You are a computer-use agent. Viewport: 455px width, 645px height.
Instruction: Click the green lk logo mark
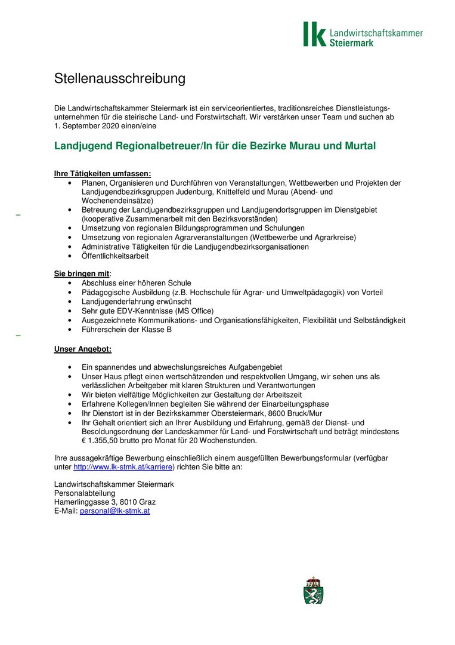(x=314, y=34)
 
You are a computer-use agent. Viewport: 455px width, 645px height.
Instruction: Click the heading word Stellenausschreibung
(x=120, y=79)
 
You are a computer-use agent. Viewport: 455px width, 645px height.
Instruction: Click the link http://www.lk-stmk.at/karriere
(x=123, y=467)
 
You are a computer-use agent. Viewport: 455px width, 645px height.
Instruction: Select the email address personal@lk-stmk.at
(x=114, y=511)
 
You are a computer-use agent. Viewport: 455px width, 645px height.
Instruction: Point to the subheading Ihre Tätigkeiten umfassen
(x=102, y=174)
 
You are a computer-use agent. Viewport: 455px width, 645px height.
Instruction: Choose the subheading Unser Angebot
(x=82, y=349)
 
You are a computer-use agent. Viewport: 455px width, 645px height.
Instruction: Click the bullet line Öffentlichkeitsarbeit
(x=115, y=256)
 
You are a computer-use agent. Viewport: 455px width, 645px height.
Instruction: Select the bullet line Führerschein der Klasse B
(x=126, y=329)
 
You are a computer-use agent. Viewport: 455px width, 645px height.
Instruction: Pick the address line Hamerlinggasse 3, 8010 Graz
(x=105, y=502)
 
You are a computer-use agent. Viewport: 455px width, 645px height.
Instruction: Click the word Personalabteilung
(x=85, y=493)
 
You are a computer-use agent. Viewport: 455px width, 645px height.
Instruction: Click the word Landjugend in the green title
(x=82, y=146)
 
